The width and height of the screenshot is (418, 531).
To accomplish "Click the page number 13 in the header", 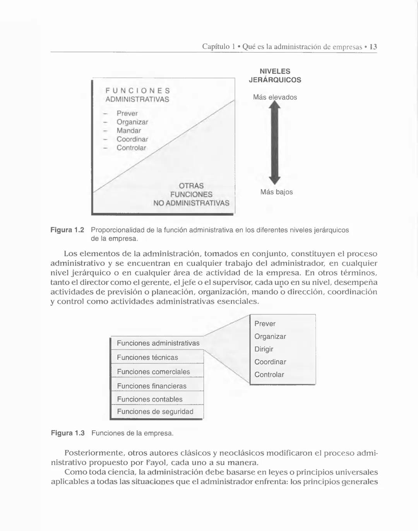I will (373, 47).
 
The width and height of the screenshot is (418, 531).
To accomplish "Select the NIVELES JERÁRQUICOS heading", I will (275, 75).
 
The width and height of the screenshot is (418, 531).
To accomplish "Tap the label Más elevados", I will (275, 97).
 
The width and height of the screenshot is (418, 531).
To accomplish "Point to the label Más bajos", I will (276, 192).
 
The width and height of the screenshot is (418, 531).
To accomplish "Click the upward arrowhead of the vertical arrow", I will (275, 106).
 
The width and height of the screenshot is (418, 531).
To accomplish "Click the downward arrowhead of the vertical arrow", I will (275, 180).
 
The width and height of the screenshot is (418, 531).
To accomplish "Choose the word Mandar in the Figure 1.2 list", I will (129, 131).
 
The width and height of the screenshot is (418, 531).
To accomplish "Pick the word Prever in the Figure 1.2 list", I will (127, 113).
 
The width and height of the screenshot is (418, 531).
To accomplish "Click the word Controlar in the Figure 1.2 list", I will (131, 148).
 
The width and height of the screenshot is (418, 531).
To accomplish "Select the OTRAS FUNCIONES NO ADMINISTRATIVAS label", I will (191, 194).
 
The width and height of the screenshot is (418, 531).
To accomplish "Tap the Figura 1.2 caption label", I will (67, 230).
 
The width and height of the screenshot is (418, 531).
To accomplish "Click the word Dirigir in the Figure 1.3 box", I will (264, 349).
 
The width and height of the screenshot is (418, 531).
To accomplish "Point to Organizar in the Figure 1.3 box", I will (270, 336).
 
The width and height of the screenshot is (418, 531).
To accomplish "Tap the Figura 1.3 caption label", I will (68, 433).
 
